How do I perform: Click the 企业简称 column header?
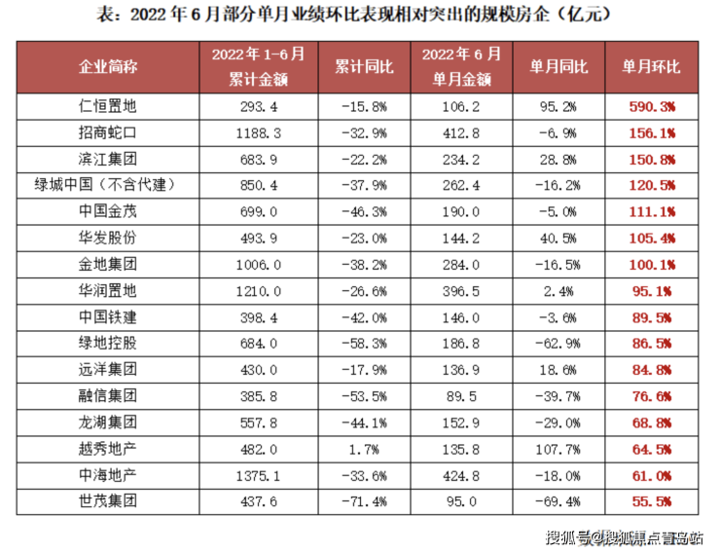(108, 66)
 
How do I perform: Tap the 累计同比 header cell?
(364, 66)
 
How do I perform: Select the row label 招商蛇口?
(108, 131)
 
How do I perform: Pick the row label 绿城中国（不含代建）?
(108, 184)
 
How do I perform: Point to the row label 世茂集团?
(108, 500)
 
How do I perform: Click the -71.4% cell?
(364, 500)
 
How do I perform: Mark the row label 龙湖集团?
(108, 422)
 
